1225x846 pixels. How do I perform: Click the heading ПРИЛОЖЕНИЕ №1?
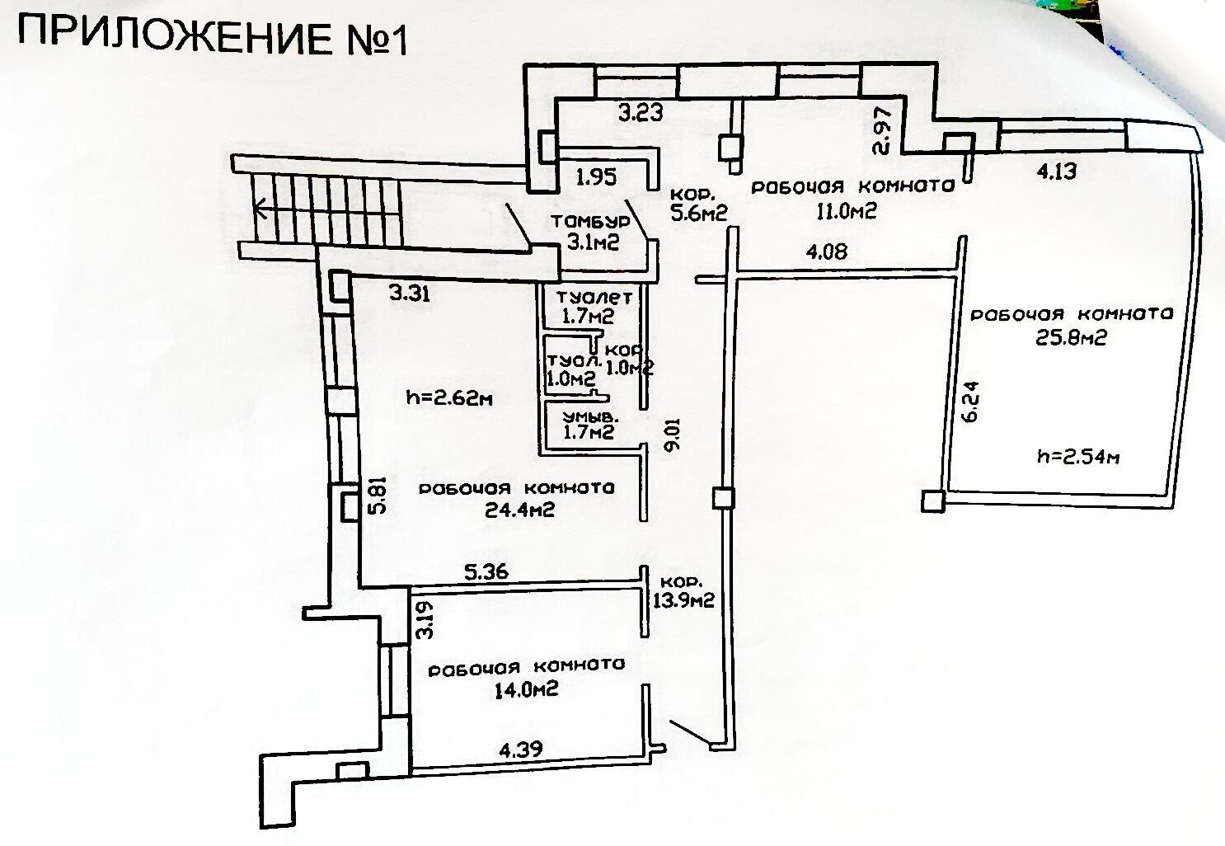pos(213,37)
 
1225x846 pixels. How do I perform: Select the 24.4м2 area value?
pos(519,510)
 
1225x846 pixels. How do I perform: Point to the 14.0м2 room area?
pos(525,689)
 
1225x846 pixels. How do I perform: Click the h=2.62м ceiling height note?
pos(450,397)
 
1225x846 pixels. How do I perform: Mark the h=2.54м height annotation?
pos(1078,456)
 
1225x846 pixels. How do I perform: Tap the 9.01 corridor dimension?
pos(674,435)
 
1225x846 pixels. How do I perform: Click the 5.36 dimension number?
pos(486,571)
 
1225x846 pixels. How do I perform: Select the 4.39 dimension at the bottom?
pos(519,750)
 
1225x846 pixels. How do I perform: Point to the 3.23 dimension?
pos(641,113)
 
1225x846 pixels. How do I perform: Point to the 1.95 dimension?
pos(597,175)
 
